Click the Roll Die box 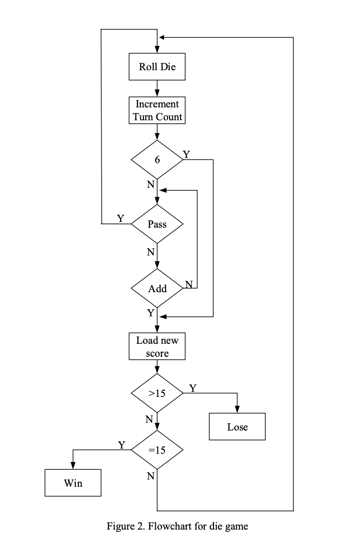tap(157, 67)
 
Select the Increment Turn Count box tap(157, 110)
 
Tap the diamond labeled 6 tap(157, 160)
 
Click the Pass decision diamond tap(157, 225)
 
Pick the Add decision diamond tap(157, 289)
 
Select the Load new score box tap(157, 347)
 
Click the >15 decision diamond tap(157, 393)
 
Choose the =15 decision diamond tap(157, 450)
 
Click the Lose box tap(237, 427)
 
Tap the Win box tap(73, 483)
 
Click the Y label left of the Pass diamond tap(120, 218)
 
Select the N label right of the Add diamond tap(189, 284)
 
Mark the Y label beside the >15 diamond tap(192, 388)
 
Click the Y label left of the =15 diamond tap(122, 444)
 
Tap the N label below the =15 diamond tap(150, 476)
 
